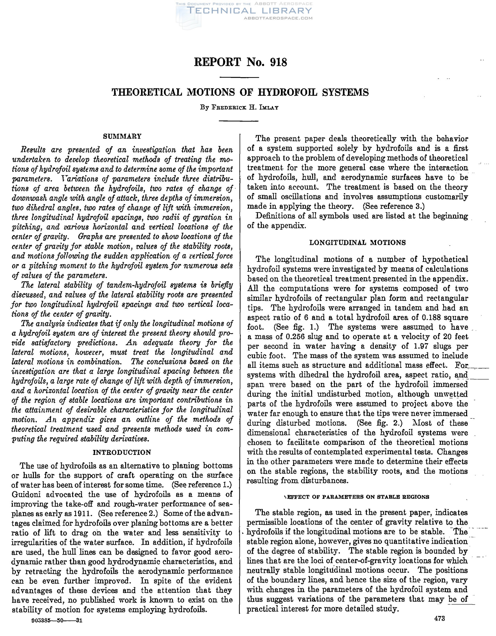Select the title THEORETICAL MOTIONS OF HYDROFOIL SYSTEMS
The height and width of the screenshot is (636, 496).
tap(240, 92)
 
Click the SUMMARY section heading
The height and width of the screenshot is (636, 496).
tap(122, 136)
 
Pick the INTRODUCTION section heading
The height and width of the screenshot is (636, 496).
tap(122, 452)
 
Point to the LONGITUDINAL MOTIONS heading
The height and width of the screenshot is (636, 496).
tap(357, 243)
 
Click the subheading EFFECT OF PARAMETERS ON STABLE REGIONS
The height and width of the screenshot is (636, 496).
tap(358, 497)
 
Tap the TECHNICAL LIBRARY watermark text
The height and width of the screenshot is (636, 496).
tap(249, 11)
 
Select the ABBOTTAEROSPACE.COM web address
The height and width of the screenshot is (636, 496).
tap(278, 18)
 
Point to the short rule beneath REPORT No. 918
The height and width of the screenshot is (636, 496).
tap(239, 77)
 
